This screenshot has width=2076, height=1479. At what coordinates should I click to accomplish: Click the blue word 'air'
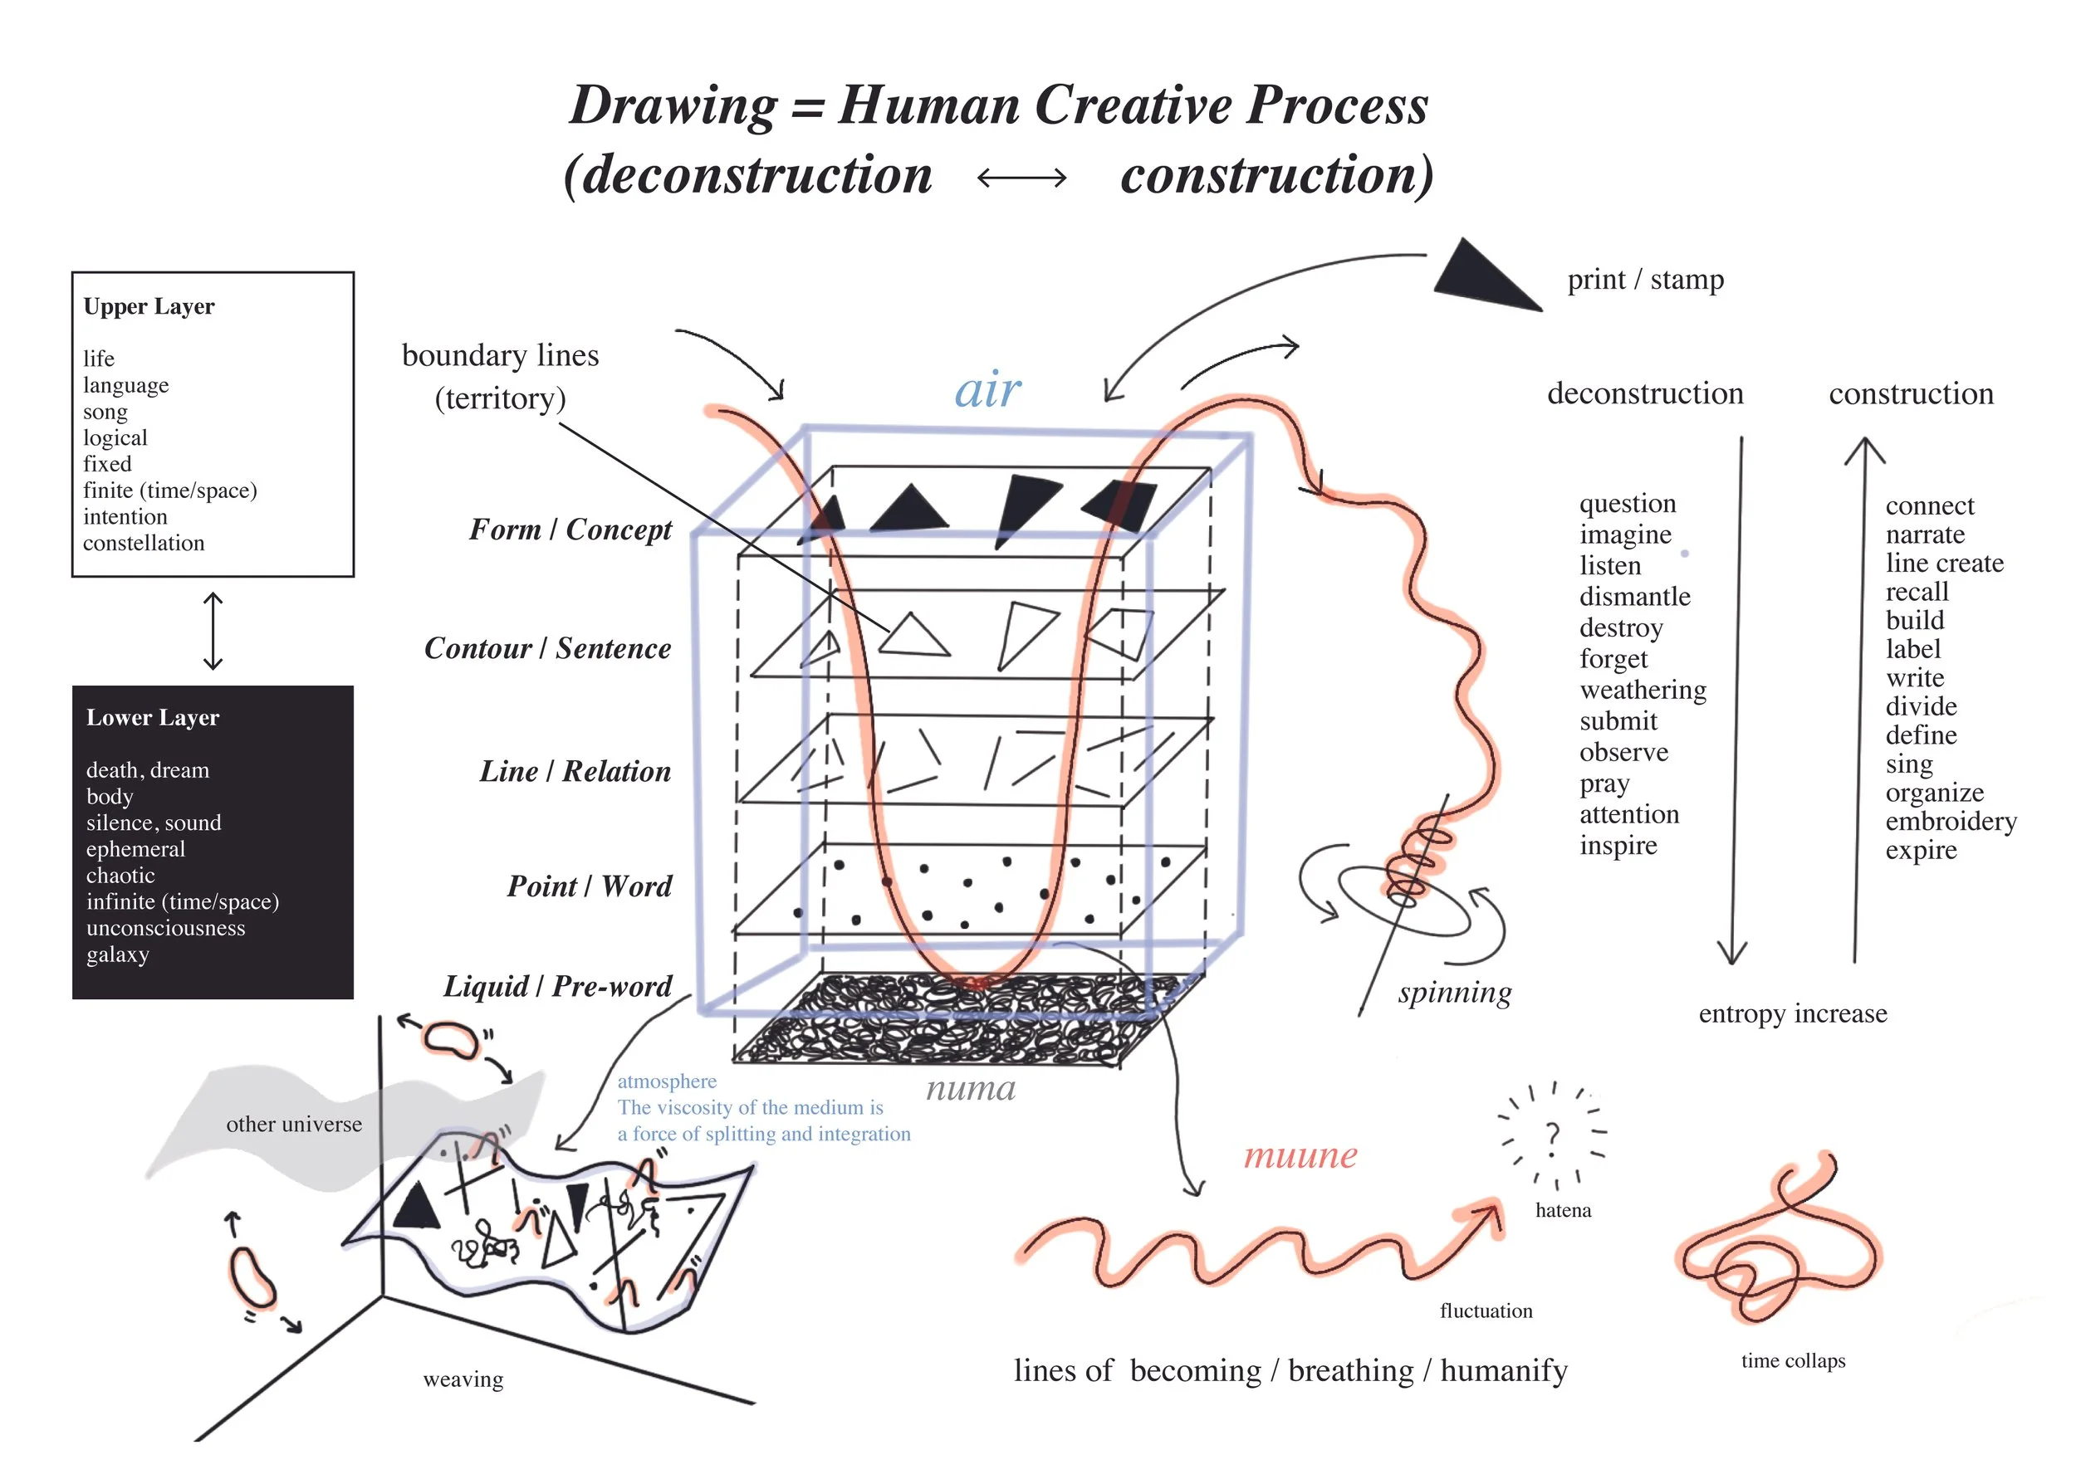tap(987, 391)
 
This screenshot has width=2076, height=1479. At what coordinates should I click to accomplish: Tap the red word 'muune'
tap(1300, 1154)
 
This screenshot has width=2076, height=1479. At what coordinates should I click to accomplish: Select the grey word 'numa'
tap(970, 1088)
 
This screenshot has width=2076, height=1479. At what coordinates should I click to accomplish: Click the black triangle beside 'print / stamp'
tap(1485, 276)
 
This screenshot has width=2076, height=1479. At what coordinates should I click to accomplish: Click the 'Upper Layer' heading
tap(149, 307)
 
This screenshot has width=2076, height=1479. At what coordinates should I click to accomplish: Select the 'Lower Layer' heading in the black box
tap(152, 718)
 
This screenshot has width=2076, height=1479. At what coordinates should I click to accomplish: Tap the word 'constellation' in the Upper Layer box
tap(144, 543)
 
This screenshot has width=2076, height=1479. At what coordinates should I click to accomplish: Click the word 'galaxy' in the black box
tap(118, 954)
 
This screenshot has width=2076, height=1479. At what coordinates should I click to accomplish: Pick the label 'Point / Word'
tap(590, 886)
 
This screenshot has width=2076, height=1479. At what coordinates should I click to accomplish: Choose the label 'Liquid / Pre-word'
tap(557, 986)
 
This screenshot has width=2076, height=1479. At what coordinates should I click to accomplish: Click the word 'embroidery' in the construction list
tap(1951, 822)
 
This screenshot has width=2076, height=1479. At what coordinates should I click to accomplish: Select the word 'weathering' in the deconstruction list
tap(1643, 691)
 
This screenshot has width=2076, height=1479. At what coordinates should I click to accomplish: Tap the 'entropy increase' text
tap(1792, 1013)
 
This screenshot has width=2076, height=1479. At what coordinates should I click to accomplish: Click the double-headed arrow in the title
tap(1021, 177)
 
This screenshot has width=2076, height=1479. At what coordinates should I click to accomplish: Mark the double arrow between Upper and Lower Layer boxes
tap(213, 631)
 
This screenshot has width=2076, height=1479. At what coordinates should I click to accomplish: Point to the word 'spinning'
tap(1454, 993)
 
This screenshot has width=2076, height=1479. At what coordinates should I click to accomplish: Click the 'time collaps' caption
tap(1793, 1360)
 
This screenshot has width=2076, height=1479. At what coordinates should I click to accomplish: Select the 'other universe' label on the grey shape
tap(294, 1125)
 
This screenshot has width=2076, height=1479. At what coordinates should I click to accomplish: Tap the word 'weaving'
tap(463, 1380)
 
